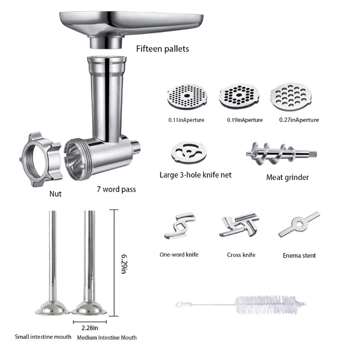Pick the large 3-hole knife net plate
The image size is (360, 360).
tap(187, 153)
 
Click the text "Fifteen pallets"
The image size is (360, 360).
tap(163, 48)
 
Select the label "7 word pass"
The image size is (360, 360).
tap(116, 189)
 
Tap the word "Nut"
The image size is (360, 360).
tap(55, 194)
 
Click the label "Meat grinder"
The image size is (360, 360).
tap(287, 177)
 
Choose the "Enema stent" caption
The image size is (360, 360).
tap(299, 255)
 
